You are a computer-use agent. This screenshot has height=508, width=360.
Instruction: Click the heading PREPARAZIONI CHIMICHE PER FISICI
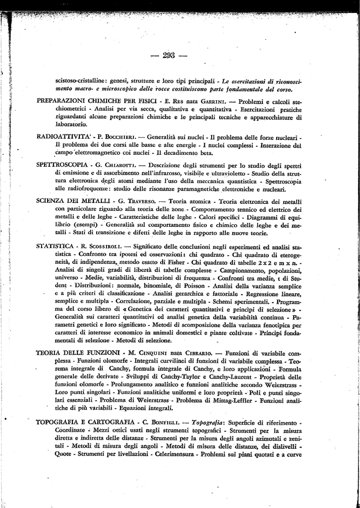[98, 101]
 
